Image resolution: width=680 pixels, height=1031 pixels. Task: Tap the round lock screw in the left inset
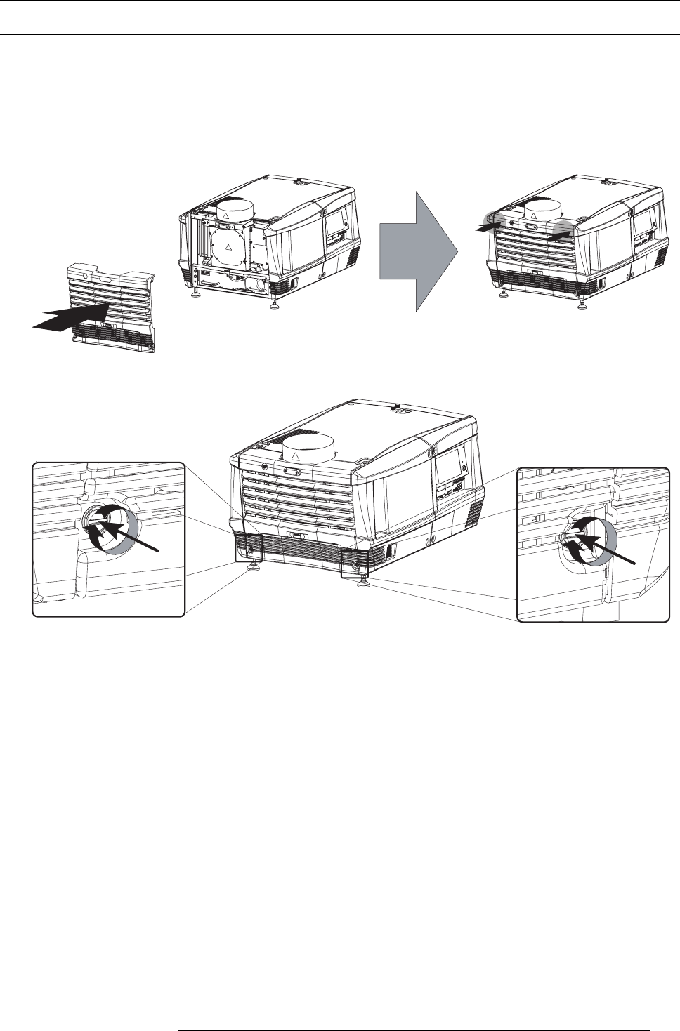[91, 521]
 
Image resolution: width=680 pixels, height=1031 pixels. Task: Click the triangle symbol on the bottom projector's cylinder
[296, 457]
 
